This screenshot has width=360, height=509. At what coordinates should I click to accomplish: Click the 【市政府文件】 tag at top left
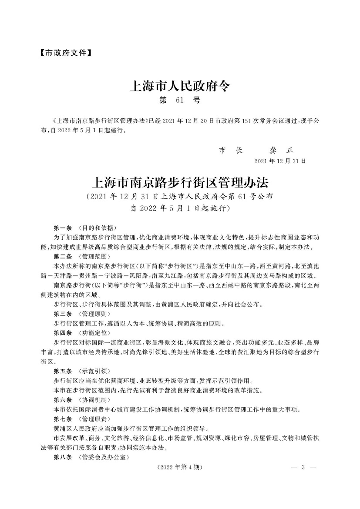[64, 54]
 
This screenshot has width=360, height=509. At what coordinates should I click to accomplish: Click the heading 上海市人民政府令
[179, 86]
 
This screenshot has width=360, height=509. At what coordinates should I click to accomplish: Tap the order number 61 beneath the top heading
[180, 101]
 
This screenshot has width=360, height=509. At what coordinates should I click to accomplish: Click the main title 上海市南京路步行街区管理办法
[179, 181]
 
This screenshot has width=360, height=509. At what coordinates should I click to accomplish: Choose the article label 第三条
[63, 314]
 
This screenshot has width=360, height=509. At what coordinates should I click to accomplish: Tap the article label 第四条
[63, 333]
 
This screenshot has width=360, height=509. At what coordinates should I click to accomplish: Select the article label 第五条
[63, 371]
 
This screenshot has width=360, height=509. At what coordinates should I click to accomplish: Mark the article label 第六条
[63, 399]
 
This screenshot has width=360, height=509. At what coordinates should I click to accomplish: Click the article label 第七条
[63, 419]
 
